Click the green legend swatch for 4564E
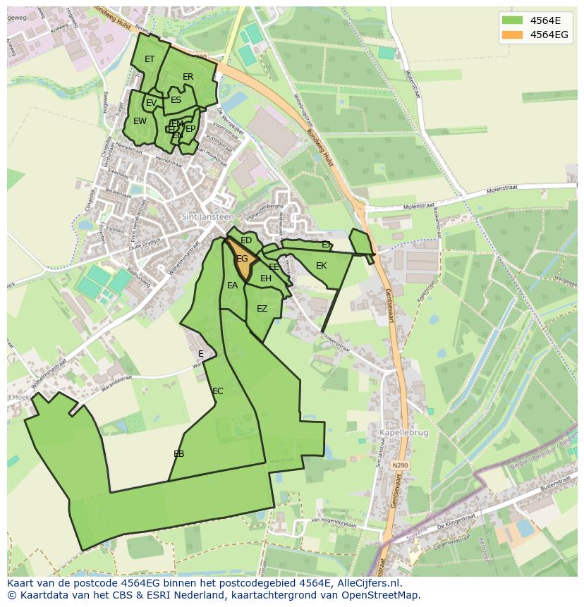[513, 20]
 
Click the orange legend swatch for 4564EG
[513, 35]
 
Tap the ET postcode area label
[150, 59]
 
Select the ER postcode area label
[188, 77]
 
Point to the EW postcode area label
[140, 121]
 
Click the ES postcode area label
[176, 100]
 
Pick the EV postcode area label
[151, 104]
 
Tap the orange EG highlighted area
[242, 259]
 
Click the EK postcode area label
[322, 266]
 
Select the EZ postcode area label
[262, 309]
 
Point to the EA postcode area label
[233, 286]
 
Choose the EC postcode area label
[218, 391]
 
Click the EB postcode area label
[179, 454]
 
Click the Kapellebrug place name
[403, 433]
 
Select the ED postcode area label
[246, 240]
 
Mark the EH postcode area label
[266, 278]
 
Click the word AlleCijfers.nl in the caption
[367, 583]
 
